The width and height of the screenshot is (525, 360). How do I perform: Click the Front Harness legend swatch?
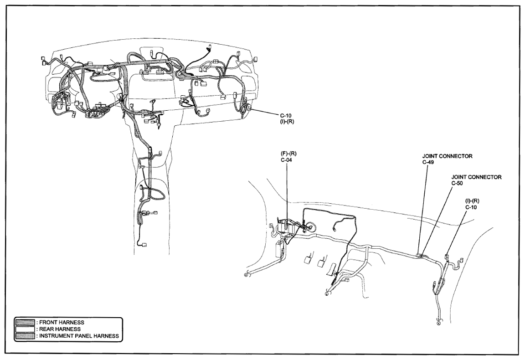tap(25, 322)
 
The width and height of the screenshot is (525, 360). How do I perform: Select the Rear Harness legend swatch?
tap(25, 329)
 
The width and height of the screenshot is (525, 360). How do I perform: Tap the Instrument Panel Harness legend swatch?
tap(25, 335)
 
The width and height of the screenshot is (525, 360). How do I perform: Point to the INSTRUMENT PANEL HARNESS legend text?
tap(79, 335)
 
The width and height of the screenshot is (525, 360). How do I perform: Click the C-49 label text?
tap(428, 162)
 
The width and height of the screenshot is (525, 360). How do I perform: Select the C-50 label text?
tap(458, 183)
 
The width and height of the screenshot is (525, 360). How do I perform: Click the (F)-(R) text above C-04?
tap(288, 154)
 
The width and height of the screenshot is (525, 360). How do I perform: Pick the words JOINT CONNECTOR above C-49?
tap(448, 156)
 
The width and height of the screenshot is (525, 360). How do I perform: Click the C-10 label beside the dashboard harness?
tap(286, 116)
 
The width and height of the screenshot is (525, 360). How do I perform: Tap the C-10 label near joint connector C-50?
tap(471, 207)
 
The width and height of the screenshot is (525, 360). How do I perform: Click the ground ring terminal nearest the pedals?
tap(327, 293)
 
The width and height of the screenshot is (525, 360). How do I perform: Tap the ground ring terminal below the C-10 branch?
tap(439, 323)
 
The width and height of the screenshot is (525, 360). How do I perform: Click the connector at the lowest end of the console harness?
tap(144, 244)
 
